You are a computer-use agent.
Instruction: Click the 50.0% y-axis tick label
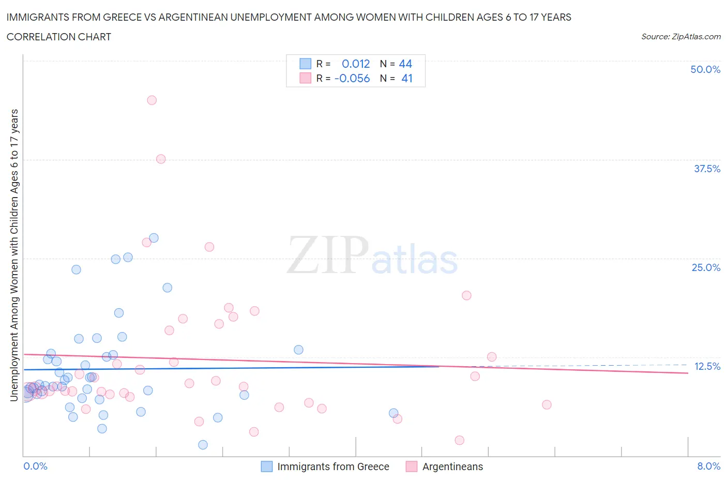(x=705, y=69)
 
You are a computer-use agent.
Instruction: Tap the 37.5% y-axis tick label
(x=706, y=169)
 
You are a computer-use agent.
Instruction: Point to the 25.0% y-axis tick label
(x=706, y=267)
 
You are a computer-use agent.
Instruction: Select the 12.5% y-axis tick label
(x=707, y=366)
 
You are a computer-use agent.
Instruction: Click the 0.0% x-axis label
(x=35, y=466)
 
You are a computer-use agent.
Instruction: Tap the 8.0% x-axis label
(x=708, y=466)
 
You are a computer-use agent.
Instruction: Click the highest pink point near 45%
(x=152, y=100)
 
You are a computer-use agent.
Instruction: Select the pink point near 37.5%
(x=161, y=159)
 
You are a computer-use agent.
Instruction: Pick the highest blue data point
(x=154, y=238)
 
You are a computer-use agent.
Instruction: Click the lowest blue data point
(x=203, y=445)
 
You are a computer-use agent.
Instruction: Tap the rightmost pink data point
(x=547, y=404)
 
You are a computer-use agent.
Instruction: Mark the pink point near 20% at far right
(x=466, y=295)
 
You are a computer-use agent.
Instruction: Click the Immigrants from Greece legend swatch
(x=266, y=467)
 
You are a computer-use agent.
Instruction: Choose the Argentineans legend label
(x=452, y=467)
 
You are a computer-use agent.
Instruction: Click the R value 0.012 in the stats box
(x=356, y=64)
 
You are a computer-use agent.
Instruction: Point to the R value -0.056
(x=352, y=78)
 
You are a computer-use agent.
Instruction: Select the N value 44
(x=405, y=64)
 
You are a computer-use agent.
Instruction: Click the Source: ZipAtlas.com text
(x=680, y=36)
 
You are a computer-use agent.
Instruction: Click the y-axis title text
(x=14, y=255)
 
